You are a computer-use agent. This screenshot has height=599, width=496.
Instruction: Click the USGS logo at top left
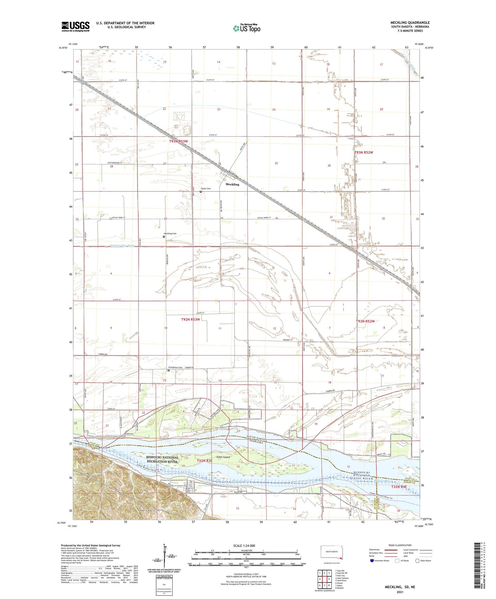[x=75, y=26]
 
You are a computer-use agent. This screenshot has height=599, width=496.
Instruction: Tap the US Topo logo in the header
[x=246, y=28]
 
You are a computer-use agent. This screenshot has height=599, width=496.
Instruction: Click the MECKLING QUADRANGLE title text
[x=410, y=23]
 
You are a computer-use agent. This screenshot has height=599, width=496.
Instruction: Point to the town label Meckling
[x=232, y=184]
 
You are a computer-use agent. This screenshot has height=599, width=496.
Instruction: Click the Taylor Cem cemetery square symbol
[x=201, y=192]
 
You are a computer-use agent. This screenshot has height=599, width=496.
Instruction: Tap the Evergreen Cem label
[x=175, y=367]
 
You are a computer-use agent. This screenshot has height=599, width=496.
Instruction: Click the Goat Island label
[x=223, y=457]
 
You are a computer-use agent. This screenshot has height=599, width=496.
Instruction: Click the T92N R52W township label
[x=365, y=321]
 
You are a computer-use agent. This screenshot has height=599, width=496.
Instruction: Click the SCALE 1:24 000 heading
[x=244, y=545]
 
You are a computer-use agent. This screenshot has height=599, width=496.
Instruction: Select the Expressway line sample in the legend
[x=392, y=550]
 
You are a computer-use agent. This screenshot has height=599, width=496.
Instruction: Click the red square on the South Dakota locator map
[x=341, y=562]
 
